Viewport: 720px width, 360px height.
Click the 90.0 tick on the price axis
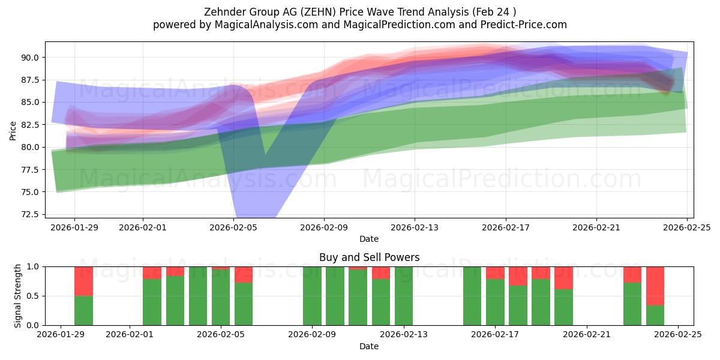click(x=31, y=58)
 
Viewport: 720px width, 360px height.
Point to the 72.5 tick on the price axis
click(x=31, y=214)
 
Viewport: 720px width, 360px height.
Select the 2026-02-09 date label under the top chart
click(x=324, y=228)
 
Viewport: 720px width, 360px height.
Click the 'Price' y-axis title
click(x=13, y=130)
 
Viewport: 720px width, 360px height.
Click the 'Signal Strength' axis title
click(x=18, y=296)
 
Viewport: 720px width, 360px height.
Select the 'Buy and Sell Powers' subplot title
click(x=369, y=257)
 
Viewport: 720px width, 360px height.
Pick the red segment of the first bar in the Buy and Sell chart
click(x=83, y=281)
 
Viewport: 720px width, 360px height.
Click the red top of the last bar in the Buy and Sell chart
click(x=655, y=286)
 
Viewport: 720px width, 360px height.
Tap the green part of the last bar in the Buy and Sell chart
click(x=655, y=316)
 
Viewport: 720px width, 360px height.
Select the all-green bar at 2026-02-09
click(x=312, y=296)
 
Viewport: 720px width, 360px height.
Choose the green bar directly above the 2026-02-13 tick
click(x=404, y=296)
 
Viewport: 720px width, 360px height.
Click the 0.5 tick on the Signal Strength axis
click(x=34, y=296)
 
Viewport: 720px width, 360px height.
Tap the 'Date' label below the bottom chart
click(x=369, y=346)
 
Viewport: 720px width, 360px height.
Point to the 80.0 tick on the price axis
click(x=31, y=147)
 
